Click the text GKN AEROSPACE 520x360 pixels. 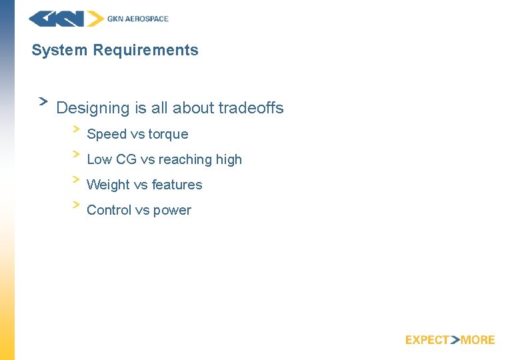tap(138, 19)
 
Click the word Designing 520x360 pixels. tap(93, 108)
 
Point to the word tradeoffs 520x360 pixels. tap(251, 108)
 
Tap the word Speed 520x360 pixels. tap(107, 134)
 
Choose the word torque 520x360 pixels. tap(168, 135)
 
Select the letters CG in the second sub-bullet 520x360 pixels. tap(126, 159)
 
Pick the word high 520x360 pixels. tap(229, 160)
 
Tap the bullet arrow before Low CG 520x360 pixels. tap(77, 153)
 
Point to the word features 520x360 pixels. tap(177, 185)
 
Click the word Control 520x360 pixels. tap(109, 210)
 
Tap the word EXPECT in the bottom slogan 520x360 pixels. tap(427, 340)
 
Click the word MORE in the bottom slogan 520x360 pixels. tap(478, 340)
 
